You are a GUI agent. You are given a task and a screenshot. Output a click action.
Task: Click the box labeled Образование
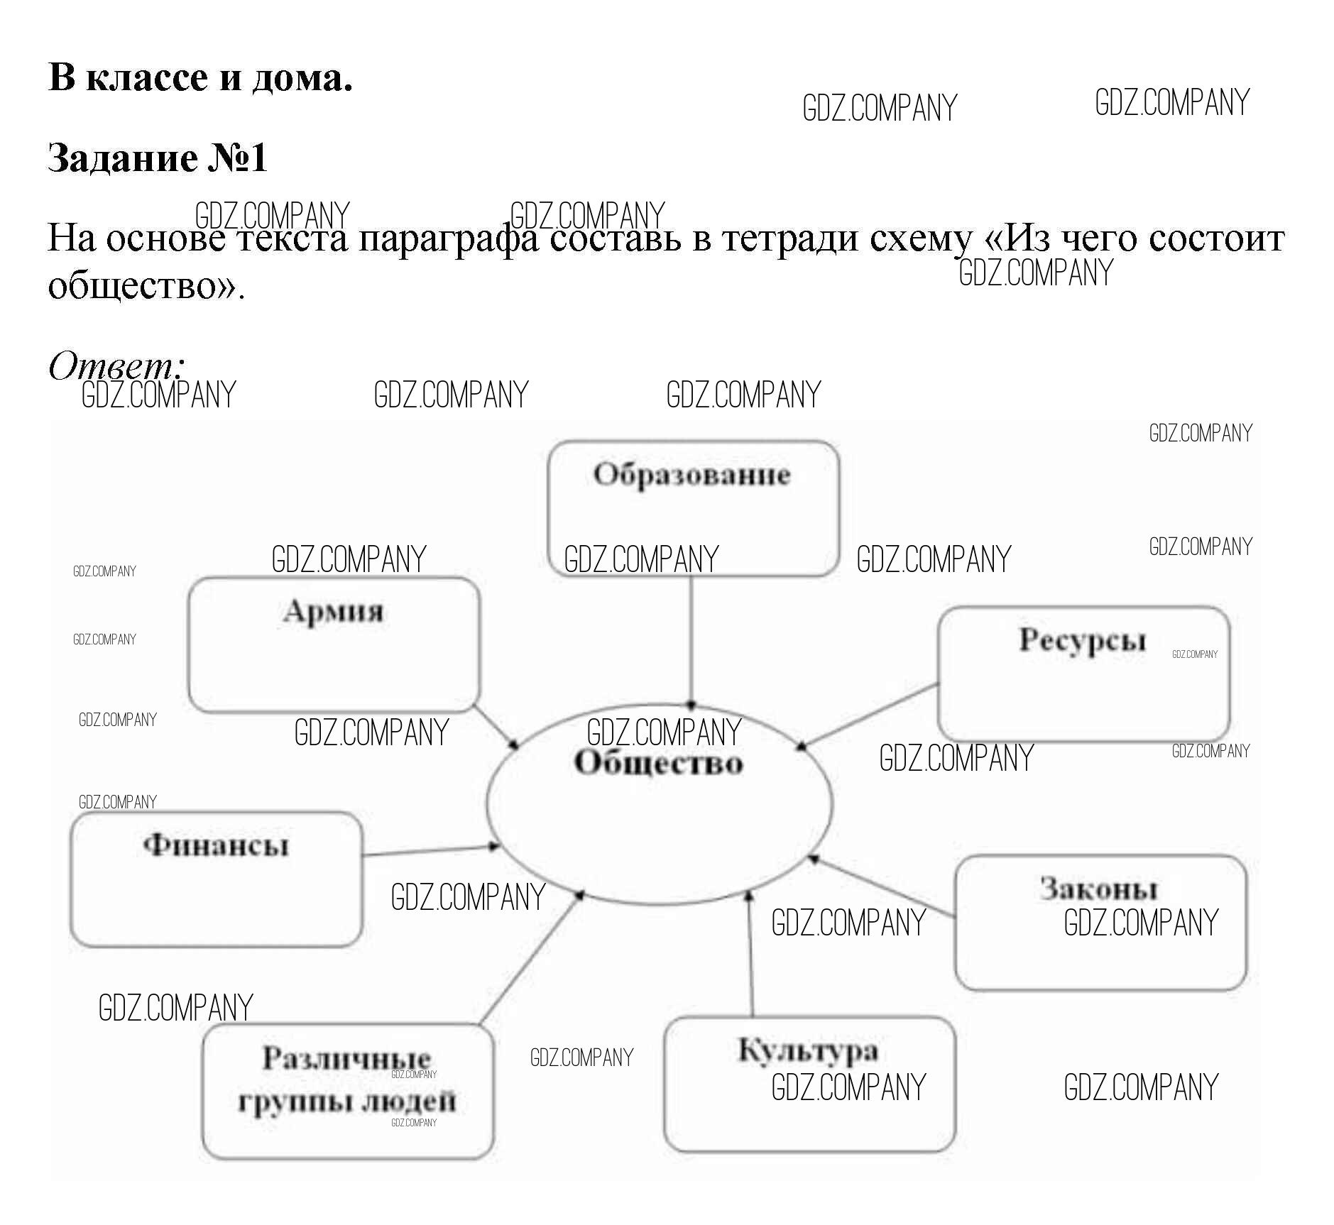tap(693, 507)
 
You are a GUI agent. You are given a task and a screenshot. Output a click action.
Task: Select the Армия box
tap(334, 644)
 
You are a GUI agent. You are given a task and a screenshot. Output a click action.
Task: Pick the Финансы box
tap(216, 879)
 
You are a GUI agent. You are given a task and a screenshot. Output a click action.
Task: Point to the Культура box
tap(809, 1084)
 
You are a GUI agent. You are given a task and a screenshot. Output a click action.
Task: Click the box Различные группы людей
tap(347, 1091)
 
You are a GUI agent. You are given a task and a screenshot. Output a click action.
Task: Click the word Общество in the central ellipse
tap(659, 764)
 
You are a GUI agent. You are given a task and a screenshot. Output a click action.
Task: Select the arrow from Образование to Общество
tap(691, 639)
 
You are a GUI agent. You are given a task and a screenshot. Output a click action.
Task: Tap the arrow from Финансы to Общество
tap(430, 850)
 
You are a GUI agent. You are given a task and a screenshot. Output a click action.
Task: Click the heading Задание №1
tap(157, 158)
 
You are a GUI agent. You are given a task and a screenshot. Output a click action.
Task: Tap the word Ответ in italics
tap(114, 366)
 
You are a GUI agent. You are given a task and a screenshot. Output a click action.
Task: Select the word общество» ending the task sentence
tap(146, 286)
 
